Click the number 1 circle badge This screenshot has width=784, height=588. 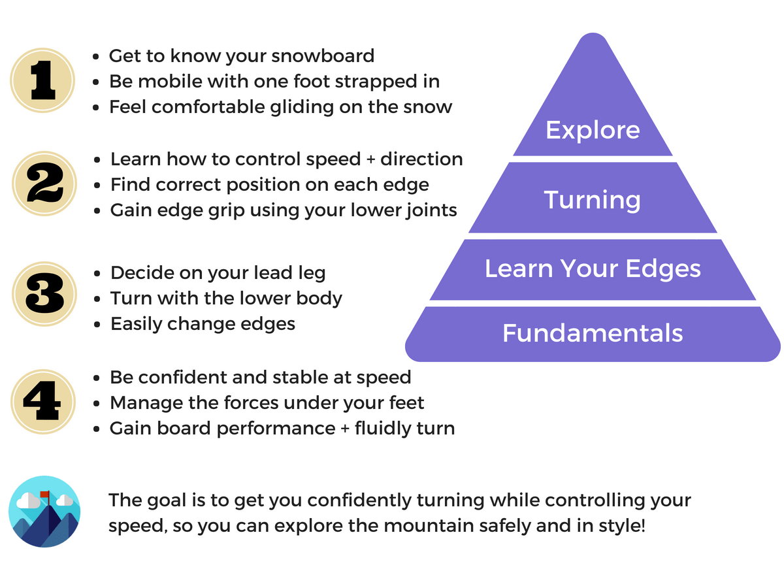pos(42,80)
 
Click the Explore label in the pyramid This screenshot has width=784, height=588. pos(593,130)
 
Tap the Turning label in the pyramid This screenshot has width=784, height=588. pos(593,199)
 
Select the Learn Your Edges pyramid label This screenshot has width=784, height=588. pos(593,269)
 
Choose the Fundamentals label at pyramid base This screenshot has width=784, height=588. pos(593,333)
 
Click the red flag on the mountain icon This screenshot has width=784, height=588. pos(44,494)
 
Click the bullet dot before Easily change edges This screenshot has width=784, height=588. pos(97,325)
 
